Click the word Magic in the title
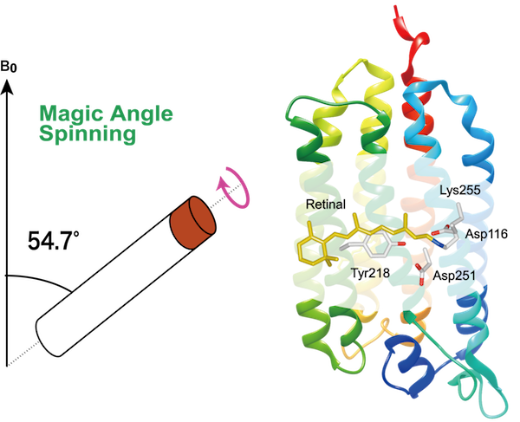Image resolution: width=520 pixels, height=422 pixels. pos(62,114)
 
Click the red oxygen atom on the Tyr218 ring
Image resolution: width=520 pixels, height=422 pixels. pos(400,245)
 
